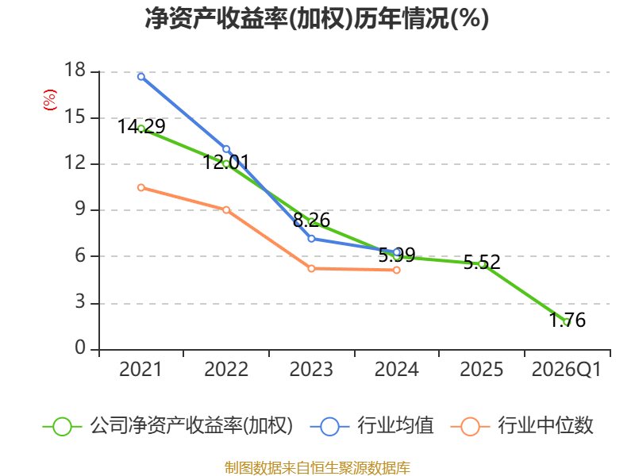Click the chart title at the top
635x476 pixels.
point(317,19)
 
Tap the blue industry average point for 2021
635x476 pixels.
point(141,76)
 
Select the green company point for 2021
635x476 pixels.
point(141,129)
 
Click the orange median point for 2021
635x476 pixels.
point(141,187)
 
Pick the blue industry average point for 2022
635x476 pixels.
point(226,149)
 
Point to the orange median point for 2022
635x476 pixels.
point(226,210)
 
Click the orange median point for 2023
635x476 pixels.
point(311,268)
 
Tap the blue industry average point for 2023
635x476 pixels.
point(311,238)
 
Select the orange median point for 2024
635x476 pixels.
point(397,270)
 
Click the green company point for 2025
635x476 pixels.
point(482,263)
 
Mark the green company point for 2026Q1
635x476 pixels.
point(567,321)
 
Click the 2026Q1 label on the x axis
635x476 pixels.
point(567,370)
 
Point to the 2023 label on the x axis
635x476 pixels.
point(311,370)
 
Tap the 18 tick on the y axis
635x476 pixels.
point(75,71)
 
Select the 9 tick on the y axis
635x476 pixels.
point(80,210)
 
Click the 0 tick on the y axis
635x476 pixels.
point(80,349)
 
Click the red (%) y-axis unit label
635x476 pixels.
point(49,101)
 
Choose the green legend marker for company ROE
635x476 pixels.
point(62,426)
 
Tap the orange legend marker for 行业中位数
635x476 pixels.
point(470,426)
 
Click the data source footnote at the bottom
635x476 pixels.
point(317,467)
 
